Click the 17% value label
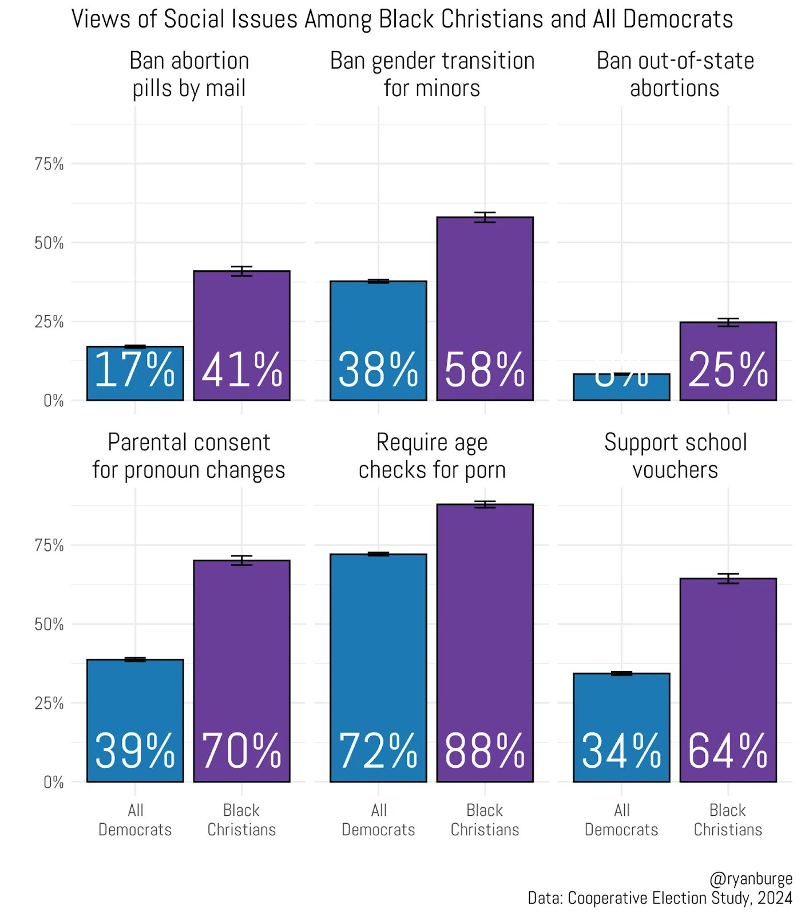pyautogui.click(x=135, y=370)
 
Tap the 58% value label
pyautogui.click(x=485, y=370)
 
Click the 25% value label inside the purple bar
pyautogui.click(x=728, y=370)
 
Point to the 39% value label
pyautogui.click(x=135, y=751)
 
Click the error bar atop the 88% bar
pyautogui.click(x=485, y=504)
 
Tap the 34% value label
pyautogui.click(x=621, y=751)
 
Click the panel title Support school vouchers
pyautogui.click(x=675, y=456)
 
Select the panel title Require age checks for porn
pyautogui.click(x=432, y=456)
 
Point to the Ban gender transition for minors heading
pyautogui.click(x=432, y=74)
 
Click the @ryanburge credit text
pyautogui.click(x=751, y=879)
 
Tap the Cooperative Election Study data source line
pyautogui.click(x=659, y=898)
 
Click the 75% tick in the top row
pyautogui.click(x=49, y=164)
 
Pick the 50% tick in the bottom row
pyautogui.click(x=49, y=625)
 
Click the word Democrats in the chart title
pyautogui.click(x=678, y=19)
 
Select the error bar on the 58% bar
pyautogui.click(x=485, y=217)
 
